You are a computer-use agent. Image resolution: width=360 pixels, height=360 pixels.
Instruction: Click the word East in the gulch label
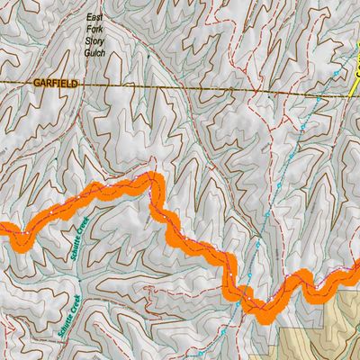click(94, 18)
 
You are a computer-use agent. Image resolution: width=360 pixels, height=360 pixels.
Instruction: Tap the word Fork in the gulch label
click(94, 30)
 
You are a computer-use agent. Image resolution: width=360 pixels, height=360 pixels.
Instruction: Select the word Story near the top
click(94, 41)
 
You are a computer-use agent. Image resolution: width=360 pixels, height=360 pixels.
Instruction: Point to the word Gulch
click(94, 53)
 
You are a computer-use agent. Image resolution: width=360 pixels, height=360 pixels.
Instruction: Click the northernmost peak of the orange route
click(151, 179)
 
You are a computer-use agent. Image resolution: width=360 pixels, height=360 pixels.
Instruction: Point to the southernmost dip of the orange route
click(266, 315)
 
